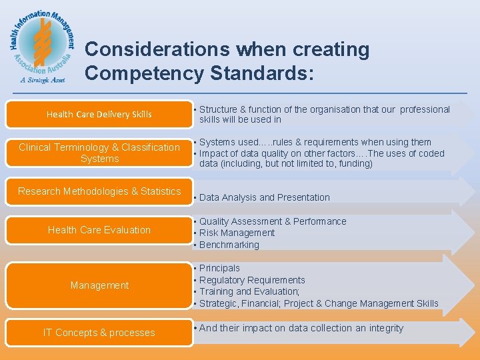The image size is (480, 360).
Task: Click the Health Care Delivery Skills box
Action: pos(99,114)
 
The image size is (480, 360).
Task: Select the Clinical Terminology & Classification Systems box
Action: pos(99,153)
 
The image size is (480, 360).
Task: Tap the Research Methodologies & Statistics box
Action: pos(99,191)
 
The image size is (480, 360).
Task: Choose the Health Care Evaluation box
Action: pos(99,230)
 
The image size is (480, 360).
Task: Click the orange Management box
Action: pos(99,285)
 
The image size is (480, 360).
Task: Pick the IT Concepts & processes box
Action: pos(99,332)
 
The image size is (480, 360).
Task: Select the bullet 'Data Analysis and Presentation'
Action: pos(264,197)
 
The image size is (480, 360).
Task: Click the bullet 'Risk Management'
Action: pos(237,233)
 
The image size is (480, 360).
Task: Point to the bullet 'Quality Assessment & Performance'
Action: pos(273,221)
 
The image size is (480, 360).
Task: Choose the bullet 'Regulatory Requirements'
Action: pos(252,280)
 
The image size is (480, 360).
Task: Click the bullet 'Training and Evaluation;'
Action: pos(249,291)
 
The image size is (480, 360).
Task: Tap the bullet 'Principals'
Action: pos(219,268)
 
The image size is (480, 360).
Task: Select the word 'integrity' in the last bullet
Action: pos(385,328)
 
